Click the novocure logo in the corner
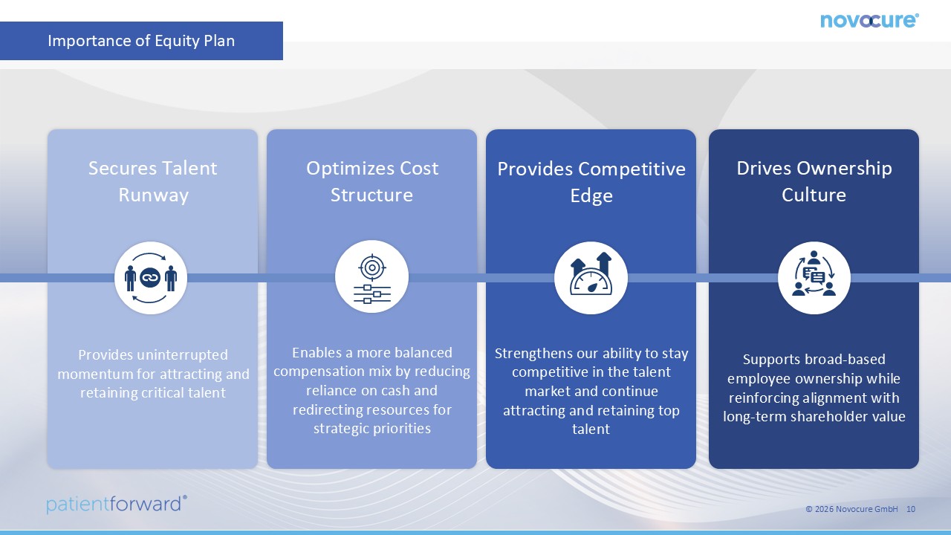coord(869,20)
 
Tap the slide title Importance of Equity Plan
coord(141,41)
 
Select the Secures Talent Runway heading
coord(153,182)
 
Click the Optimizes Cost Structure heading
coord(372,182)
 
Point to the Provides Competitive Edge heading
coord(591,182)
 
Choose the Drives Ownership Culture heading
coord(814,182)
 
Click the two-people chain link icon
coord(151,278)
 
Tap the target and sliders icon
coord(372,277)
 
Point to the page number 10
coord(911,509)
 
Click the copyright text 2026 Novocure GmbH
coord(851,509)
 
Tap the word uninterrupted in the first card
coord(183,355)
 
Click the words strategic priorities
coord(372,429)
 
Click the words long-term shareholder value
coord(814,417)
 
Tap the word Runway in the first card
coord(153,195)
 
